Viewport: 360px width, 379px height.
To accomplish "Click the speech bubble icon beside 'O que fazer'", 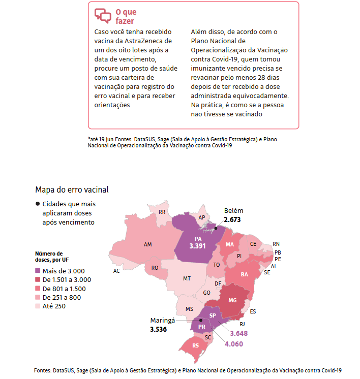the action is (103, 16).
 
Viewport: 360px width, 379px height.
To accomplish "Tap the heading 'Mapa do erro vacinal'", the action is (72, 189).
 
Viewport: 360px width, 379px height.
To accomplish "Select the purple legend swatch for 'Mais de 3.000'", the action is (38, 270).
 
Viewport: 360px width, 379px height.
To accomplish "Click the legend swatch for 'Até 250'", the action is (38, 306).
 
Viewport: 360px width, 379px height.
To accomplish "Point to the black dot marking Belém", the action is (216, 228).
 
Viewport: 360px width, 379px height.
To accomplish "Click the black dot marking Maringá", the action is (200, 320).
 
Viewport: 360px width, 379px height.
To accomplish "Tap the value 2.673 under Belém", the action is (232, 219).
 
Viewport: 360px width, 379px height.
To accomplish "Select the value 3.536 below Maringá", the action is (159, 329).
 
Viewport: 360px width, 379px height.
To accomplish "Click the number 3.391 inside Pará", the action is (197, 246).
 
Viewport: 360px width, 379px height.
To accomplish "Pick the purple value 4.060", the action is (234, 344).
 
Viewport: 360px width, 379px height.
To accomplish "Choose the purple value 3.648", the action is (239, 333).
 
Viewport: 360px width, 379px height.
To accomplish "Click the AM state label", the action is (148, 244).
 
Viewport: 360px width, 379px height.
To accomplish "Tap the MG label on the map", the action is (232, 300).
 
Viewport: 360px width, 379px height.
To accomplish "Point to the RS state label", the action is (195, 345).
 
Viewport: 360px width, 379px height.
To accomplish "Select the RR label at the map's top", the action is (162, 212).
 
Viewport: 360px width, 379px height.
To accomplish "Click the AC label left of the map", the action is (116, 271).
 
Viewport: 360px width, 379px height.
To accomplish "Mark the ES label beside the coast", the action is (253, 311).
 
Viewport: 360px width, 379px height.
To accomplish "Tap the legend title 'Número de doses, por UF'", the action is (52, 257).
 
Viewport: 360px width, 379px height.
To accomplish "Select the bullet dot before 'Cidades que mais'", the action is (38, 204).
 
